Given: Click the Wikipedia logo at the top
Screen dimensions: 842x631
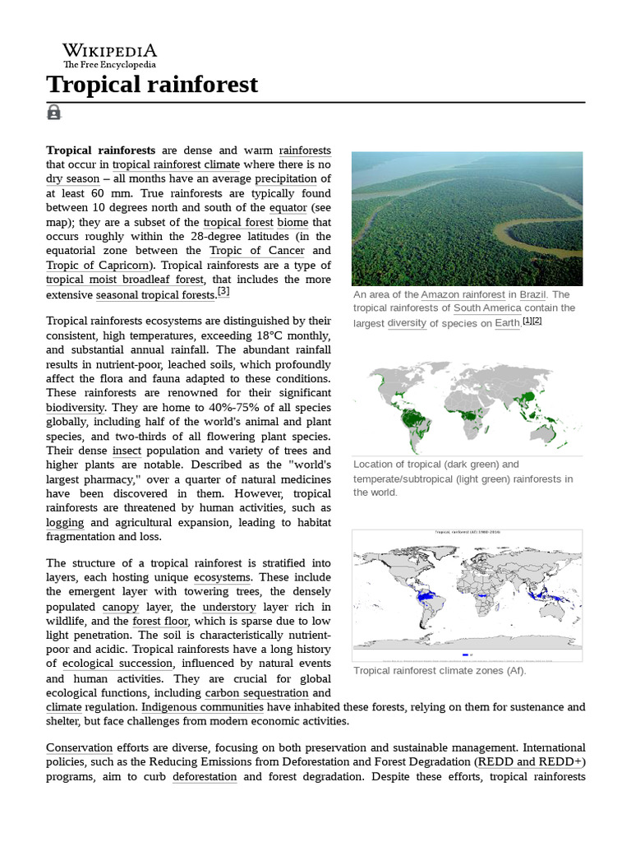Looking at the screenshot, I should pos(109,54).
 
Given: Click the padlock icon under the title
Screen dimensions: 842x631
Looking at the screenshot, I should pos(54,112).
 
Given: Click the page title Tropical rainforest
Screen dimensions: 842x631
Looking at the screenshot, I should pos(152,84).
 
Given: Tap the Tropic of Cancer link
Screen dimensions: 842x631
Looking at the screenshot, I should pos(256,251).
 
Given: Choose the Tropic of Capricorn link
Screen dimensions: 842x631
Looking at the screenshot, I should pos(98,266).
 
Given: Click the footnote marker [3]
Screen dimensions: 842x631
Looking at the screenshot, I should pos(223,291).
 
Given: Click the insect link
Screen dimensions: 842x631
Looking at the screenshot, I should pos(127,451).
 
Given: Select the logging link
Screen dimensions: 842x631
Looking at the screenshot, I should pos(65,523).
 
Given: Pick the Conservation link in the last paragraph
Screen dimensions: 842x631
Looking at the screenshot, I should pos(79,748).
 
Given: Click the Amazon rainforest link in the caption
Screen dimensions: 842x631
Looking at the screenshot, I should pos(463,294).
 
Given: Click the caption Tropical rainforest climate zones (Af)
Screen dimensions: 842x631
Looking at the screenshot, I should pos(440,671).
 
